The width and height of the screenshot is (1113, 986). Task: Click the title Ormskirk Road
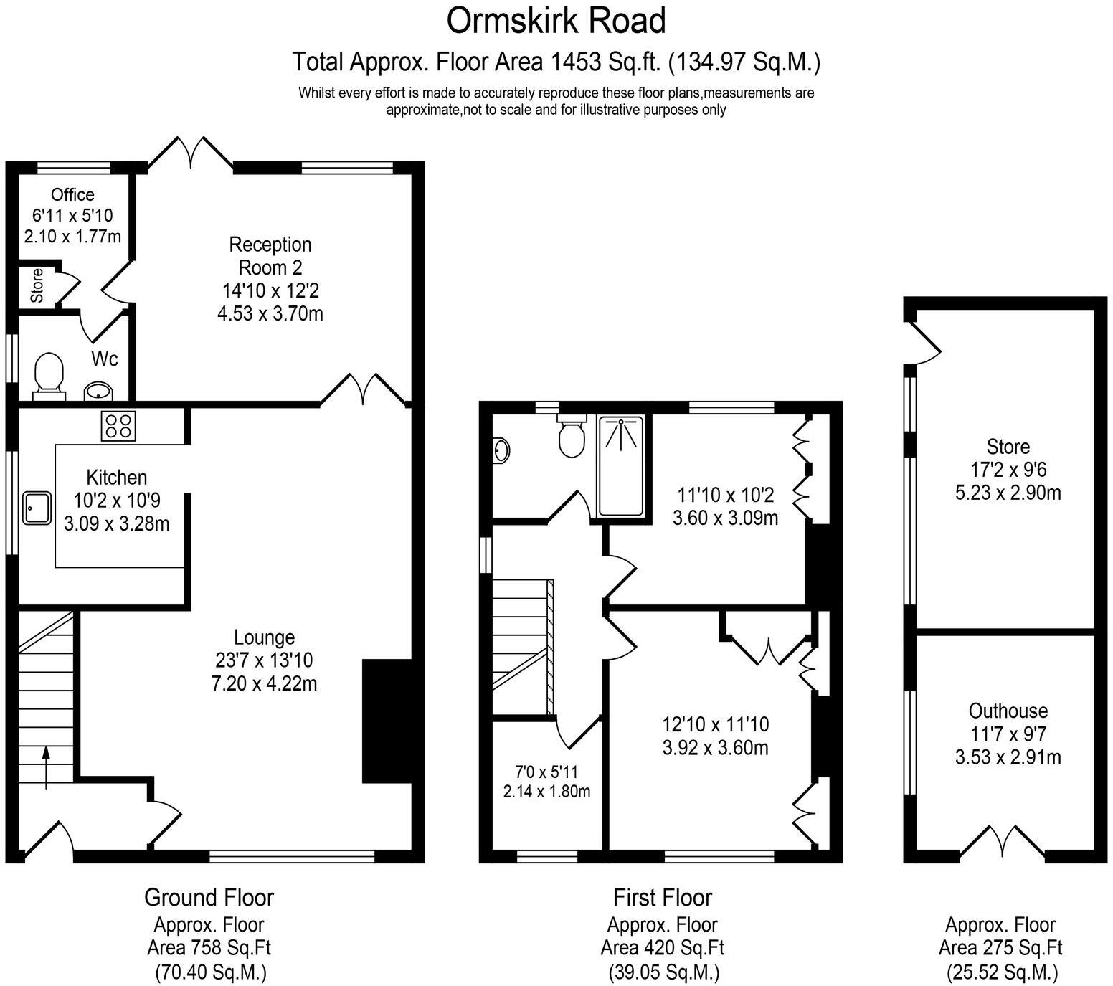click(556, 21)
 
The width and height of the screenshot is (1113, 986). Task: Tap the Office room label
click(72, 194)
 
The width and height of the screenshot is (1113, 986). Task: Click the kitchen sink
click(37, 508)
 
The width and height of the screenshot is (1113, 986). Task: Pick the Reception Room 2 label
click(270, 256)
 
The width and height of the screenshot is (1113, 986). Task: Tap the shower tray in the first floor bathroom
click(621, 465)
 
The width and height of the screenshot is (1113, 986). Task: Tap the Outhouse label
click(1008, 711)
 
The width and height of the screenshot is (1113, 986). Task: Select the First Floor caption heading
click(662, 897)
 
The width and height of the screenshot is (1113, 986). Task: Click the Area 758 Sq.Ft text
click(209, 947)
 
